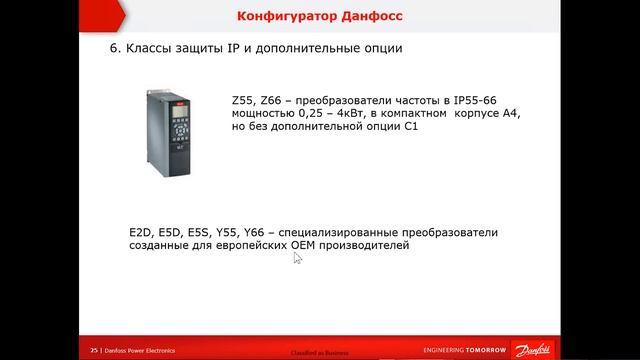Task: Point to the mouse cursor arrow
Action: click(x=296, y=257)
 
